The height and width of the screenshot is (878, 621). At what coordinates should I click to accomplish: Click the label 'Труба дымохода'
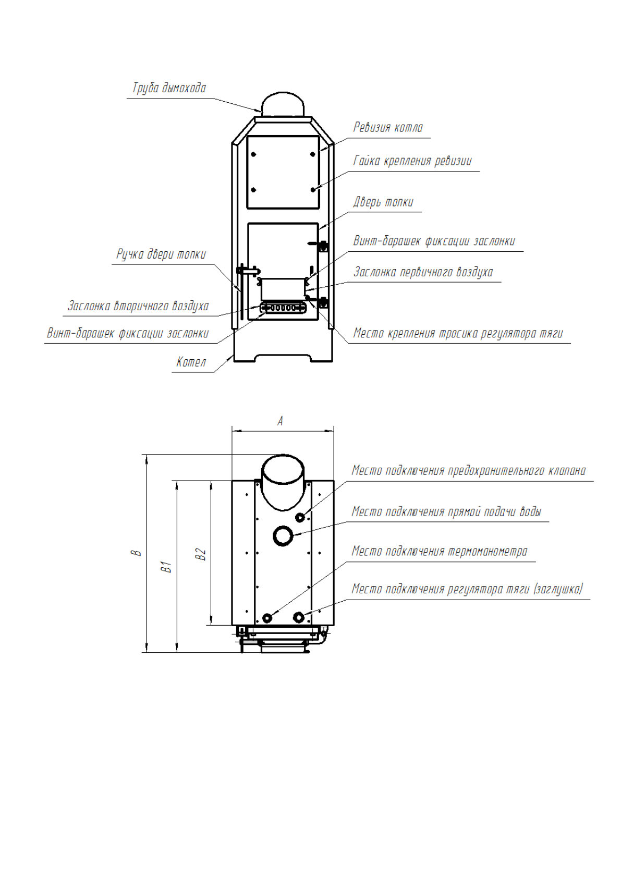click(x=169, y=88)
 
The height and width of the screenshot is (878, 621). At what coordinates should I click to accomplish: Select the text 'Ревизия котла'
click(x=388, y=128)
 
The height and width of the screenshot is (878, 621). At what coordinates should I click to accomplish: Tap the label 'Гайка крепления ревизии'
click(x=412, y=161)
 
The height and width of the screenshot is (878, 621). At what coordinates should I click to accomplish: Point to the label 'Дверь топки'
click(x=383, y=202)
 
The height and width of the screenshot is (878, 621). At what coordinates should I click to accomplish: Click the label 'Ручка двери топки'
click(x=161, y=254)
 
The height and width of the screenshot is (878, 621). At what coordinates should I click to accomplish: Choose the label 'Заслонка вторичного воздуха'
click(x=138, y=306)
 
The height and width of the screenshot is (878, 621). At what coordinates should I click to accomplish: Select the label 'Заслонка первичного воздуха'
click(x=423, y=272)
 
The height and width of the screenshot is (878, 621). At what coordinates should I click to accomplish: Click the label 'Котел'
click(x=191, y=362)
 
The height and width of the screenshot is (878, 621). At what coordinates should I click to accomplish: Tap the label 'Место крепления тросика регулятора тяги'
click(x=458, y=334)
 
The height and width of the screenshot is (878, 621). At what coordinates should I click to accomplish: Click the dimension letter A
click(x=281, y=421)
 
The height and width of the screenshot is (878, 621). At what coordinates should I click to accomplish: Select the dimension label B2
click(x=201, y=554)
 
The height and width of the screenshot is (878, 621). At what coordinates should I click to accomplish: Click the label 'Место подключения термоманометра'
click(x=439, y=552)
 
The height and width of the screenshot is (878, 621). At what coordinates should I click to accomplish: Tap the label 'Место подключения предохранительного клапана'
click(x=468, y=471)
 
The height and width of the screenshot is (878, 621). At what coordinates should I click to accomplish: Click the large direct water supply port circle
click(x=283, y=535)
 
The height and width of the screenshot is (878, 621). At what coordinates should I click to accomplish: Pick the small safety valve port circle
click(x=300, y=517)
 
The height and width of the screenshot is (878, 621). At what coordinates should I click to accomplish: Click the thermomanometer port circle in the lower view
click(x=267, y=618)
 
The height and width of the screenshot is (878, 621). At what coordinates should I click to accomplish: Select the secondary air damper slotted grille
click(x=283, y=308)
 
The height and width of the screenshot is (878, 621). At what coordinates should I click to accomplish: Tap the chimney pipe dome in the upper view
click(x=283, y=104)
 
